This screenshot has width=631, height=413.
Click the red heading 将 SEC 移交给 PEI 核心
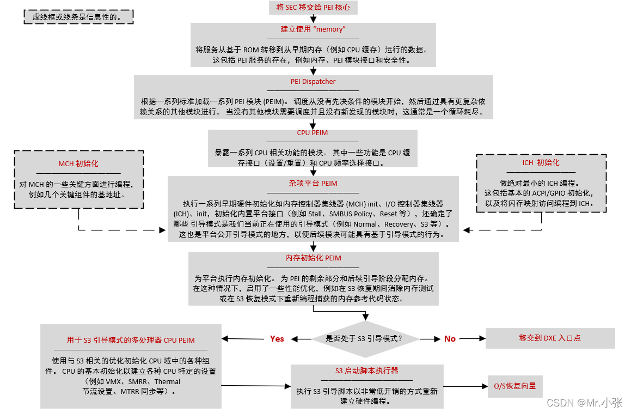coord(313,8)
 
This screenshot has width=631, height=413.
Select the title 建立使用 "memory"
coord(313,29)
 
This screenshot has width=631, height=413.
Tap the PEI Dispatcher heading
coord(313,82)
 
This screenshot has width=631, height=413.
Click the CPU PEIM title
coord(313,133)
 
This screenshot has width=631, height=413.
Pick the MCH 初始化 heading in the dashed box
coord(78,163)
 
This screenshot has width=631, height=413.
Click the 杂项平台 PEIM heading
coord(313,184)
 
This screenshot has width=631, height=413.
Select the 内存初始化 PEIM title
coord(313,258)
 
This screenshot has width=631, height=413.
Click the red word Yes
coord(277,339)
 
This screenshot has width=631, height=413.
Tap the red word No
coord(450,339)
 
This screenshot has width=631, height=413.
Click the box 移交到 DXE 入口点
coord(550,338)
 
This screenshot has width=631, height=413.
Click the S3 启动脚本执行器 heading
coord(367,371)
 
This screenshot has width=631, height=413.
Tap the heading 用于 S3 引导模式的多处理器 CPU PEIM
coord(131,340)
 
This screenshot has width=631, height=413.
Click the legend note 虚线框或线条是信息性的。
coord(79,17)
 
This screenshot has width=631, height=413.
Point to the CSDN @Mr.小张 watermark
coord(584,403)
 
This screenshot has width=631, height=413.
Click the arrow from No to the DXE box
coord(471,339)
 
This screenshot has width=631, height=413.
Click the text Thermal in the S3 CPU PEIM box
coord(168,382)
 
